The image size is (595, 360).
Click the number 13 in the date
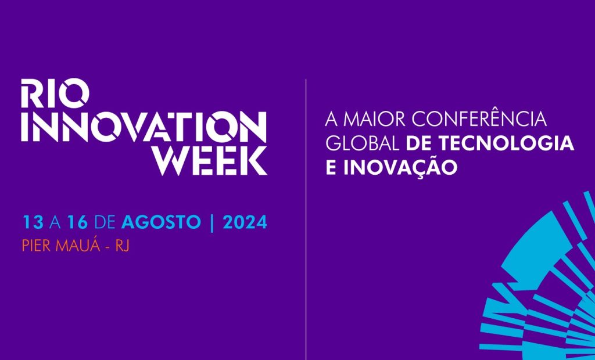pyautogui.click(x=33, y=222)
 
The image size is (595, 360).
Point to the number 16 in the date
pyautogui.click(x=77, y=222)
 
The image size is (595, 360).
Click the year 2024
pyautogui.click(x=245, y=222)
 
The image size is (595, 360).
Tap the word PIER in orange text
pyautogui.click(x=37, y=246)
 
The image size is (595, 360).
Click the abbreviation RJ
pyautogui.click(x=122, y=246)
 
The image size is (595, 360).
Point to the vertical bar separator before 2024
pyautogui.click(x=212, y=222)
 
